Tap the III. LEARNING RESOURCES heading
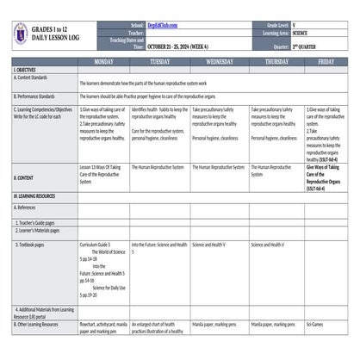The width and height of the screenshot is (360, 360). coord(35,196)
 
